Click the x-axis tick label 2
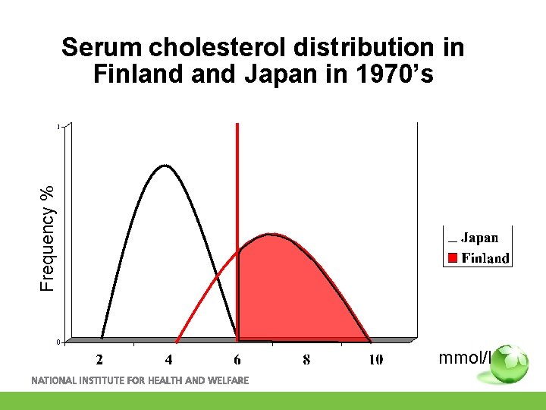click(99, 359)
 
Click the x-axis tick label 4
click(168, 359)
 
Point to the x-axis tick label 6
click(237, 359)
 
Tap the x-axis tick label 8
click(306, 359)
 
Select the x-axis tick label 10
click(375, 359)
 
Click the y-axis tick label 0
click(58, 342)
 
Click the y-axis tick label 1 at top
click(58, 127)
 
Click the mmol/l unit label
click(463, 358)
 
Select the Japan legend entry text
click(479, 238)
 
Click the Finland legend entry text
click(485, 258)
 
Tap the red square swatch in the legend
click(451, 258)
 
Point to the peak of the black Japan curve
click(165, 165)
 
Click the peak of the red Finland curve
click(270, 235)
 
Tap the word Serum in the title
click(103, 48)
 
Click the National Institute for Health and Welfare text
click(140, 380)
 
